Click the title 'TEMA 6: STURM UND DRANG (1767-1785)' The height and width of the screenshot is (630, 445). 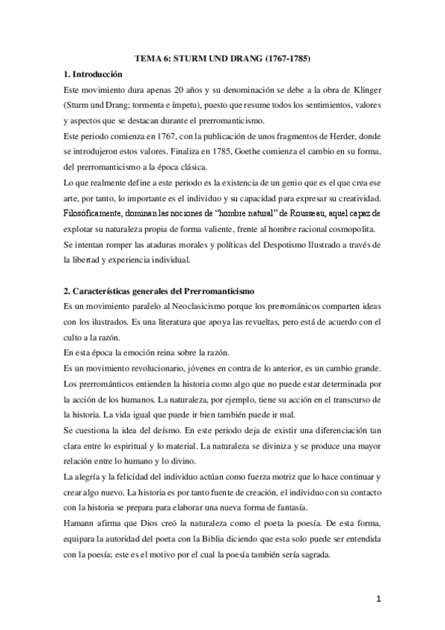(223, 56)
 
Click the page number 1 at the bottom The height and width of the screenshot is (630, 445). (380, 600)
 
